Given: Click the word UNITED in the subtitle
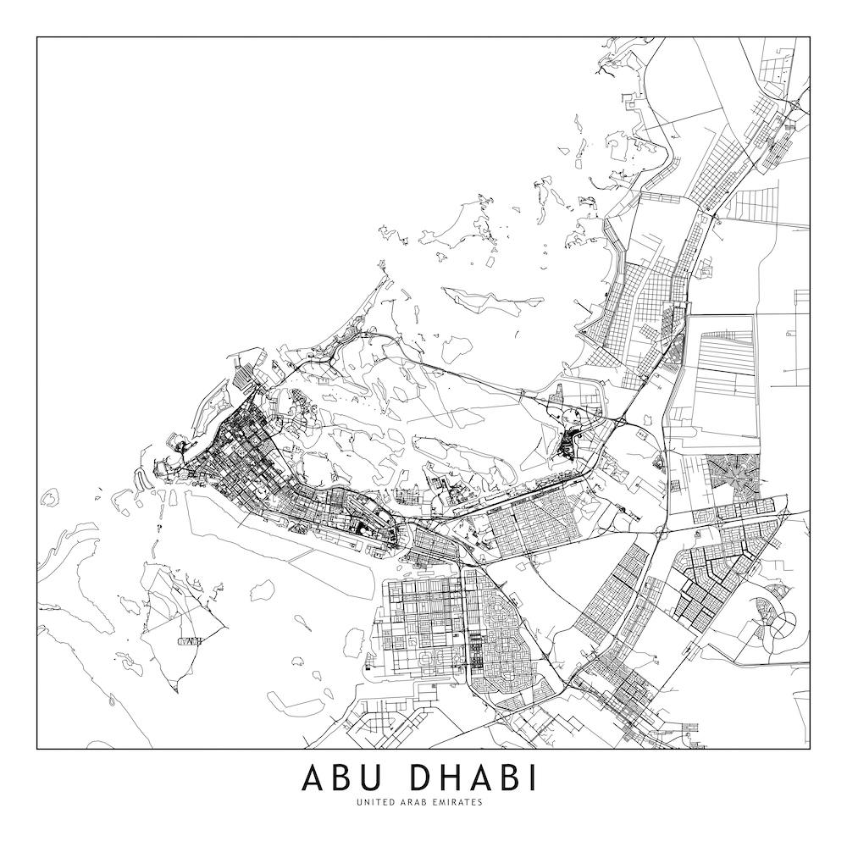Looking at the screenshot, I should point(374,801).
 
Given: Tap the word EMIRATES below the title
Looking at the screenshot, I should point(458,801).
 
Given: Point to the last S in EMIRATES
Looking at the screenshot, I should point(480,801).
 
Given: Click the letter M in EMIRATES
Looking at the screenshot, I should point(442,801).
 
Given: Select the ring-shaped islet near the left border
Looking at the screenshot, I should point(49,496).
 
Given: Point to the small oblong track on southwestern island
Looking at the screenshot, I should point(190,640).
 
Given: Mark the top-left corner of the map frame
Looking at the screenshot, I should point(37,37).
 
